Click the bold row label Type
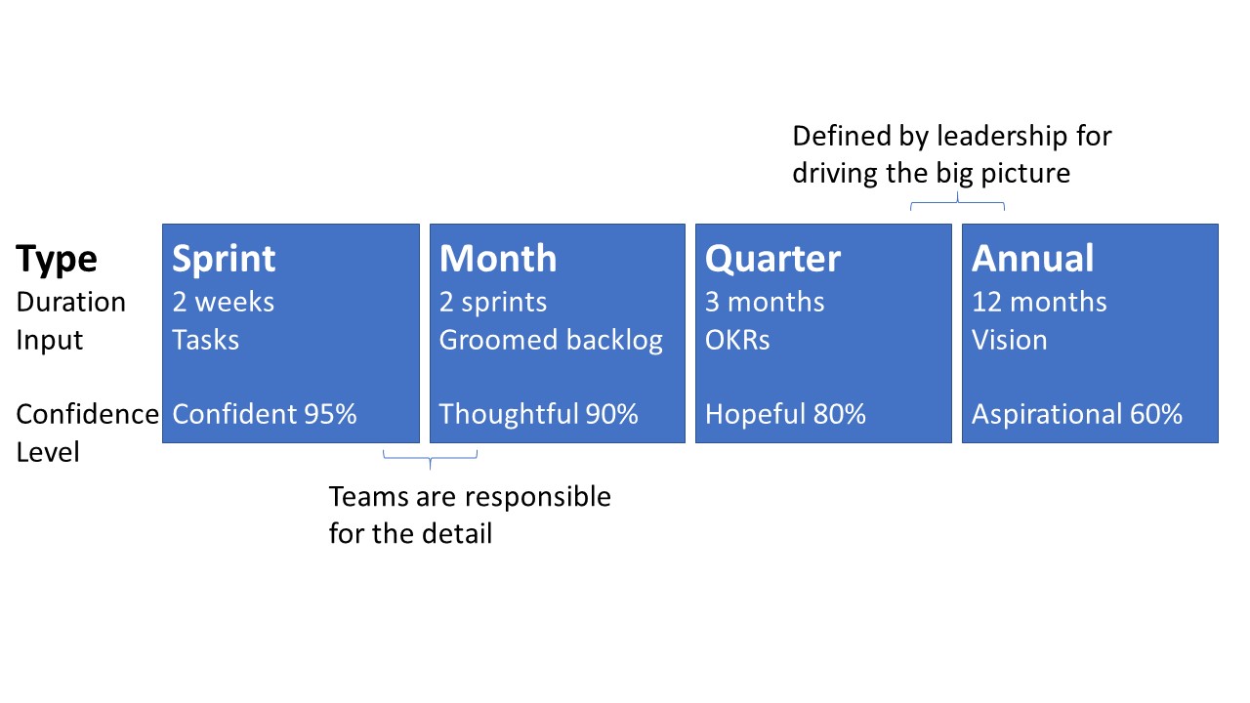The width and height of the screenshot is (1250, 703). coord(57,260)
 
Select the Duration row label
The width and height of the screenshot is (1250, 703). coord(71,302)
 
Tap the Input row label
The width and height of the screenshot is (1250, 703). coord(49,341)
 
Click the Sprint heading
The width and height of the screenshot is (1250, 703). coord(224,259)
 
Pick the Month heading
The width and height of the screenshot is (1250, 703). coord(498,259)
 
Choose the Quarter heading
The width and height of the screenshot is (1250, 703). coord(772,259)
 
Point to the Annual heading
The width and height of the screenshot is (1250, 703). coord(1033,259)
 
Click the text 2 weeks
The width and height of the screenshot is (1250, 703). coord(224,302)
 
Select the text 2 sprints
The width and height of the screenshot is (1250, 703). coord(493,303)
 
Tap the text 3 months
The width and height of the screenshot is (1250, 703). coord(765,302)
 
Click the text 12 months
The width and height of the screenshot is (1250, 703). coord(1039,302)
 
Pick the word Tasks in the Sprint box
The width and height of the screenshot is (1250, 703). coord(205,340)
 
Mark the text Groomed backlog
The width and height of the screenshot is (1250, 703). coord(551,341)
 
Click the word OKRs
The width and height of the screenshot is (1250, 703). coord(737,340)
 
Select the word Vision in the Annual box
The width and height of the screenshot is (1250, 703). coord(1010,340)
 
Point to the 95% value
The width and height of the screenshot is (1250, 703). coord(330,414)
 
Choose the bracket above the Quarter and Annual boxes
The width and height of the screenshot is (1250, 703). coord(958,203)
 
